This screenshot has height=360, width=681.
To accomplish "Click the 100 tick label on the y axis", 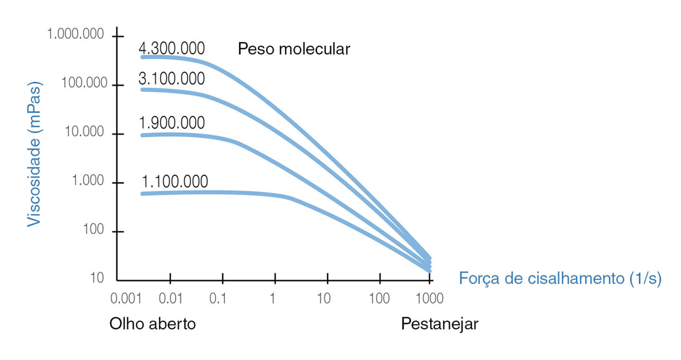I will pyautogui.click(x=94, y=230).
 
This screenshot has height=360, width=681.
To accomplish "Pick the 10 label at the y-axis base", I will pyautogui.click(x=97, y=278).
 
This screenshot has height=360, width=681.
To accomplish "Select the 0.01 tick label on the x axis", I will pyautogui.click(x=171, y=299).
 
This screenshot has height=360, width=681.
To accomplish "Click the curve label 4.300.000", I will pyautogui.click(x=172, y=49).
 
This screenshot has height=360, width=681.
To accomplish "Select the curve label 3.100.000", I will pyautogui.click(x=172, y=79).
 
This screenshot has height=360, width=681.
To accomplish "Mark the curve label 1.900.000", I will pyautogui.click(x=172, y=123).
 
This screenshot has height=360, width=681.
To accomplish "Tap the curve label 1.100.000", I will pyautogui.click(x=175, y=182).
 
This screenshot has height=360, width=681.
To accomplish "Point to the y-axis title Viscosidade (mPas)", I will pyautogui.click(x=34, y=154).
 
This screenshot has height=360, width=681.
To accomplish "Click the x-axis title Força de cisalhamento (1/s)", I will pyautogui.click(x=560, y=279).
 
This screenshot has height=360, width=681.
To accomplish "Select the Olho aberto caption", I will pyautogui.click(x=152, y=325).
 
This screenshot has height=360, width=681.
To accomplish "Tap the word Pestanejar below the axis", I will pyautogui.click(x=440, y=325).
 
